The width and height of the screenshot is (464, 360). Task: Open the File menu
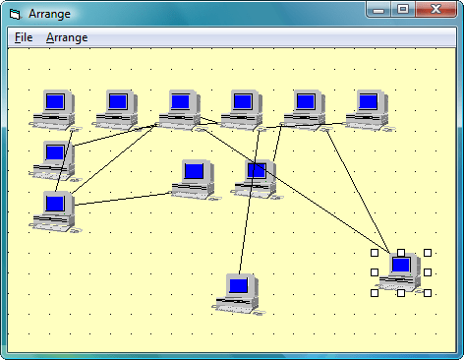(x=24, y=37)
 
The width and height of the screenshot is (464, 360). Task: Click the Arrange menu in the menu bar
(x=67, y=37)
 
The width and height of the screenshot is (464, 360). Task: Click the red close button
(x=435, y=9)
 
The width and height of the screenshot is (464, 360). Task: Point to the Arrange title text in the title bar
(x=48, y=12)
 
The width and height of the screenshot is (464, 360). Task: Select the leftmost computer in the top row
(x=55, y=107)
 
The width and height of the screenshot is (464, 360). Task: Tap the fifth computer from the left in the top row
(x=306, y=107)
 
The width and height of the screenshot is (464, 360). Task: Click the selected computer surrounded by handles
(x=401, y=271)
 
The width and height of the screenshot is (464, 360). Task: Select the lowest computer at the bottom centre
(x=239, y=292)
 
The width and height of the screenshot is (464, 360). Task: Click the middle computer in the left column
(x=54, y=158)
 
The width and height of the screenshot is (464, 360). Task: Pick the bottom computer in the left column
(x=55, y=210)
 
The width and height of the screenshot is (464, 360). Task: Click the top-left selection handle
(x=375, y=253)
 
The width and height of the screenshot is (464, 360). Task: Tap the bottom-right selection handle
(x=428, y=292)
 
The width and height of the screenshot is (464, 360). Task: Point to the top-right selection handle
(x=428, y=253)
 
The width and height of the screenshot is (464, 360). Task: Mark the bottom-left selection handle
(x=375, y=292)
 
